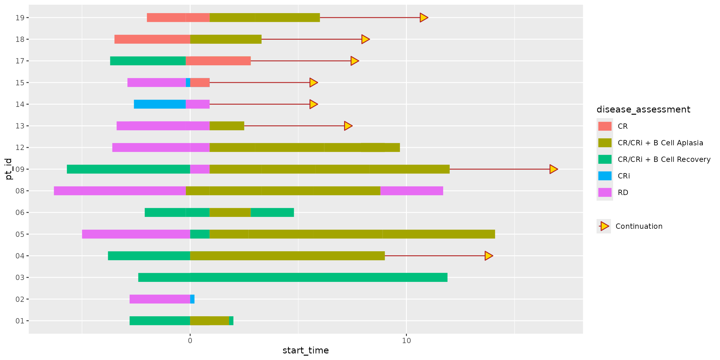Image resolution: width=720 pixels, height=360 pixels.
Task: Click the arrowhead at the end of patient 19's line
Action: pyautogui.click(x=423, y=17)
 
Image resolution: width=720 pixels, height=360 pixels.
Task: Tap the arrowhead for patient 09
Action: pyautogui.click(x=553, y=169)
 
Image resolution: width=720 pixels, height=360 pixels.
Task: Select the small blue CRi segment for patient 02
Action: pyautogui.click(x=192, y=299)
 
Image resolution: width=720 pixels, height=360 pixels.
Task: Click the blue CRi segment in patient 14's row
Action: pyautogui.click(x=160, y=104)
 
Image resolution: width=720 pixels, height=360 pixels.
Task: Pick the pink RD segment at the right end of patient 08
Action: pyautogui.click(x=412, y=191)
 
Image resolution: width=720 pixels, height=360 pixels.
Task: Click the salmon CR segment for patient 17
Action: pyautogui.click(x=218, y=61)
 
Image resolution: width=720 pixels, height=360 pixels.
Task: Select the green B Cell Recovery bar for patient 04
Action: pyautogui.click(x=149, y=256)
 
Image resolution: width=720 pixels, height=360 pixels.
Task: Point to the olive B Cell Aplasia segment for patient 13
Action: pyautogui.click(x=227, y=126)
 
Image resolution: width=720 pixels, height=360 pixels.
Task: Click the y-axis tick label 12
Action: pyautogui.click(x=20, y=147)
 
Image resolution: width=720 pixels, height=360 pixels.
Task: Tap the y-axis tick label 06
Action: pyautogui.click(x=20, y=212)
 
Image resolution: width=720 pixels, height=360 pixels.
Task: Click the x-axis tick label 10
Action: pyautogui.click(x=406, y=341)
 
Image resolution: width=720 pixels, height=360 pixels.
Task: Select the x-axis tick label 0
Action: pyautogui.click(x=190, y=341)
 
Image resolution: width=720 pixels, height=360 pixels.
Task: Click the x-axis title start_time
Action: pyautogui.click(x=305, y=350)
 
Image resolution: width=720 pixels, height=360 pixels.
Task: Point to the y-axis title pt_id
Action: pyautogui.click(x=9, y=169)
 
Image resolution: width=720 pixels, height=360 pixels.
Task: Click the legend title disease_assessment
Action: pyautogui.click(x=643, y=109)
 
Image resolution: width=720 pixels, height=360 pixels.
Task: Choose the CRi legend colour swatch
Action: pyautogui.click(x=605, y=176)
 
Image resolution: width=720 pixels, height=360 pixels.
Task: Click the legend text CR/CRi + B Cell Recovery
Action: pyautogui.click(x=664, y=159)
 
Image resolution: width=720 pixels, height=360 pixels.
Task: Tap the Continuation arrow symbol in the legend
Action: pyautogui.click(x=604, y=226)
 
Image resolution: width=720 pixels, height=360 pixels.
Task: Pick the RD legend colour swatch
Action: pyautogui.click(x=605, y=192)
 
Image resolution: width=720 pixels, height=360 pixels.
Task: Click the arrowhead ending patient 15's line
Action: pyautogui.click(x=313, y=82)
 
